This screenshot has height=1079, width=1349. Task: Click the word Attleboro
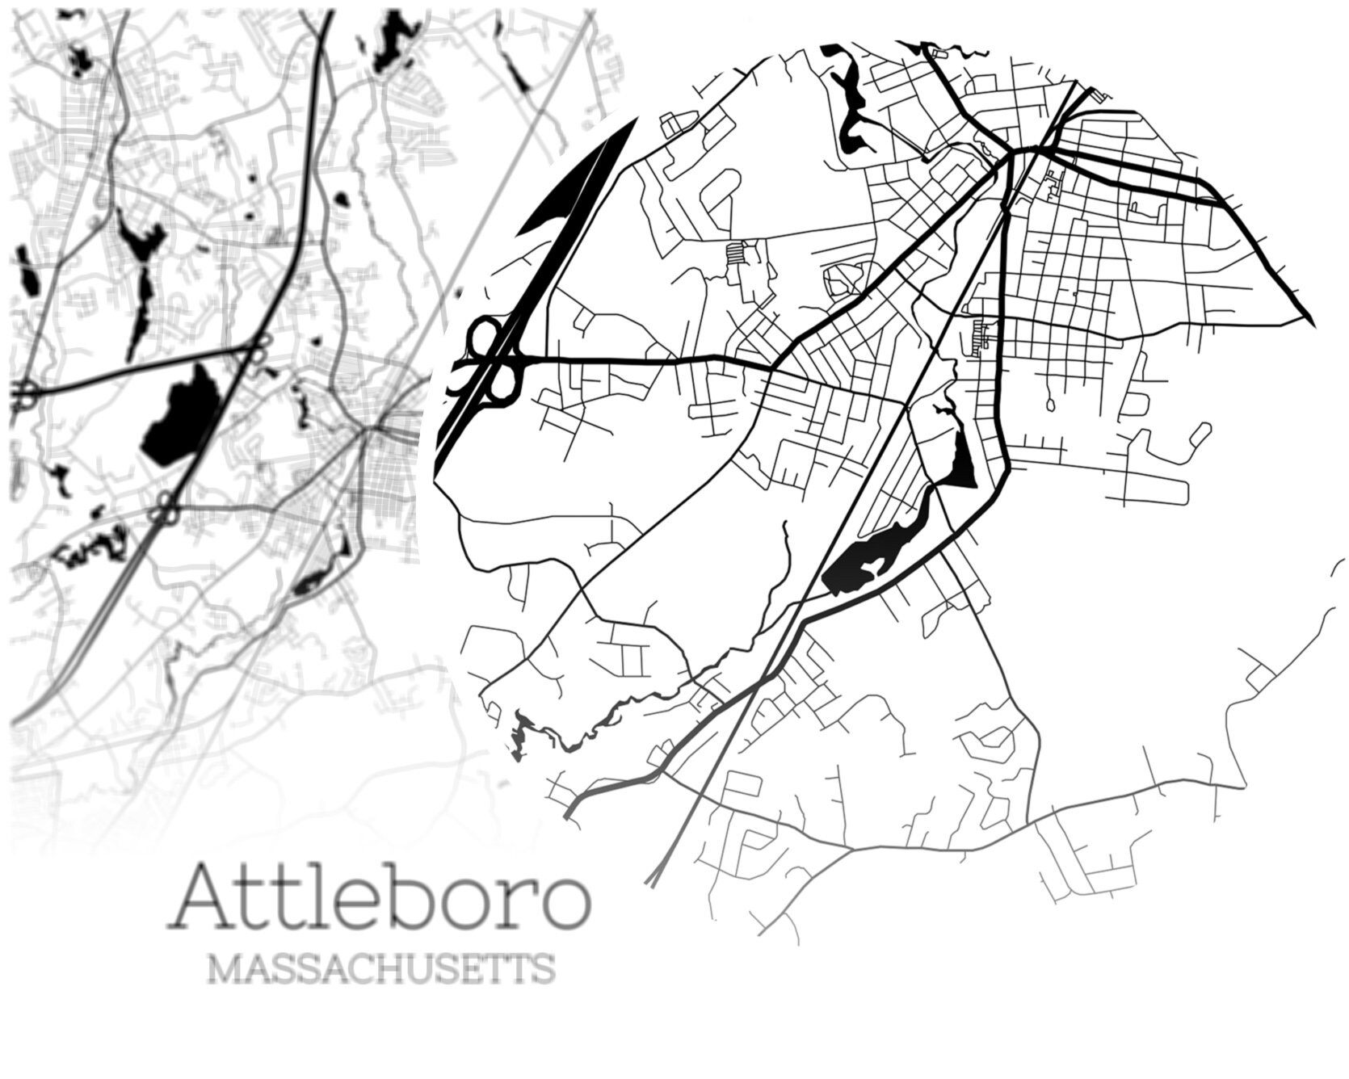coord(378,898)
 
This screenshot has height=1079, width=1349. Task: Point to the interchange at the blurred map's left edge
coord(25,396)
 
